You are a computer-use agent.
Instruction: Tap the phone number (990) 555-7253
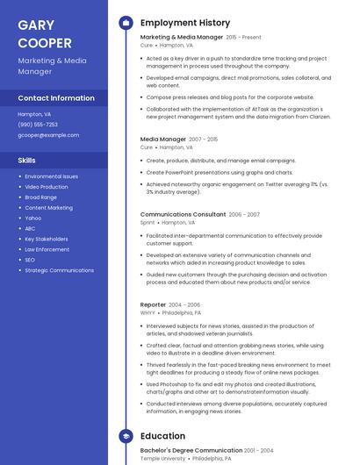pyautogui.click(x=38, y=125)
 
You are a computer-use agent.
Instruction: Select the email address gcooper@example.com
pyautogui.click(x=48, y=135)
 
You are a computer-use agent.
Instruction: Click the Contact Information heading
pyautogui.click(x=56, y=98)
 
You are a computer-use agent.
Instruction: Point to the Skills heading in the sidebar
pyautogui.click(x=27, y=161)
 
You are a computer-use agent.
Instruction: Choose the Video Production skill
pyautogui.click(x=47, y=187)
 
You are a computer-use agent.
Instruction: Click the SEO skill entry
pyautogui.click(x=30, y=260)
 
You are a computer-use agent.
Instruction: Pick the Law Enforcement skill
pyautogui.click(x=47, y=249)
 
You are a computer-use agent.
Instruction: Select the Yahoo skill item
pyautogui.click(x=33, y=218)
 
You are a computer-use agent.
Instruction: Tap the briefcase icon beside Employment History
pyautogui.click(x=126, y=23)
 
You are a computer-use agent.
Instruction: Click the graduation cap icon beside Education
pyautogui.click(x=126, y=436)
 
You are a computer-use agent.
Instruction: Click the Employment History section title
pyautogui.click(x=185, y=23)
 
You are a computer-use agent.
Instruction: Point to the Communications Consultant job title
pyautogui.click(x=183, y=214)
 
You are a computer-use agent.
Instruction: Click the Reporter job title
pyautogui.click(x=153, y=304)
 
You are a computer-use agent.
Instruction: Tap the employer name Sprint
pyautogui.click(x=148, y=223)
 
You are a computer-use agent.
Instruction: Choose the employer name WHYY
pyautogui.click(x=148, y=312)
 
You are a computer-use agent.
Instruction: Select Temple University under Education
pyautogui.click(x=162, y=458)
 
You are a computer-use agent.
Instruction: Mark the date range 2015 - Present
pyautogui.click(x=244, y=38)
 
